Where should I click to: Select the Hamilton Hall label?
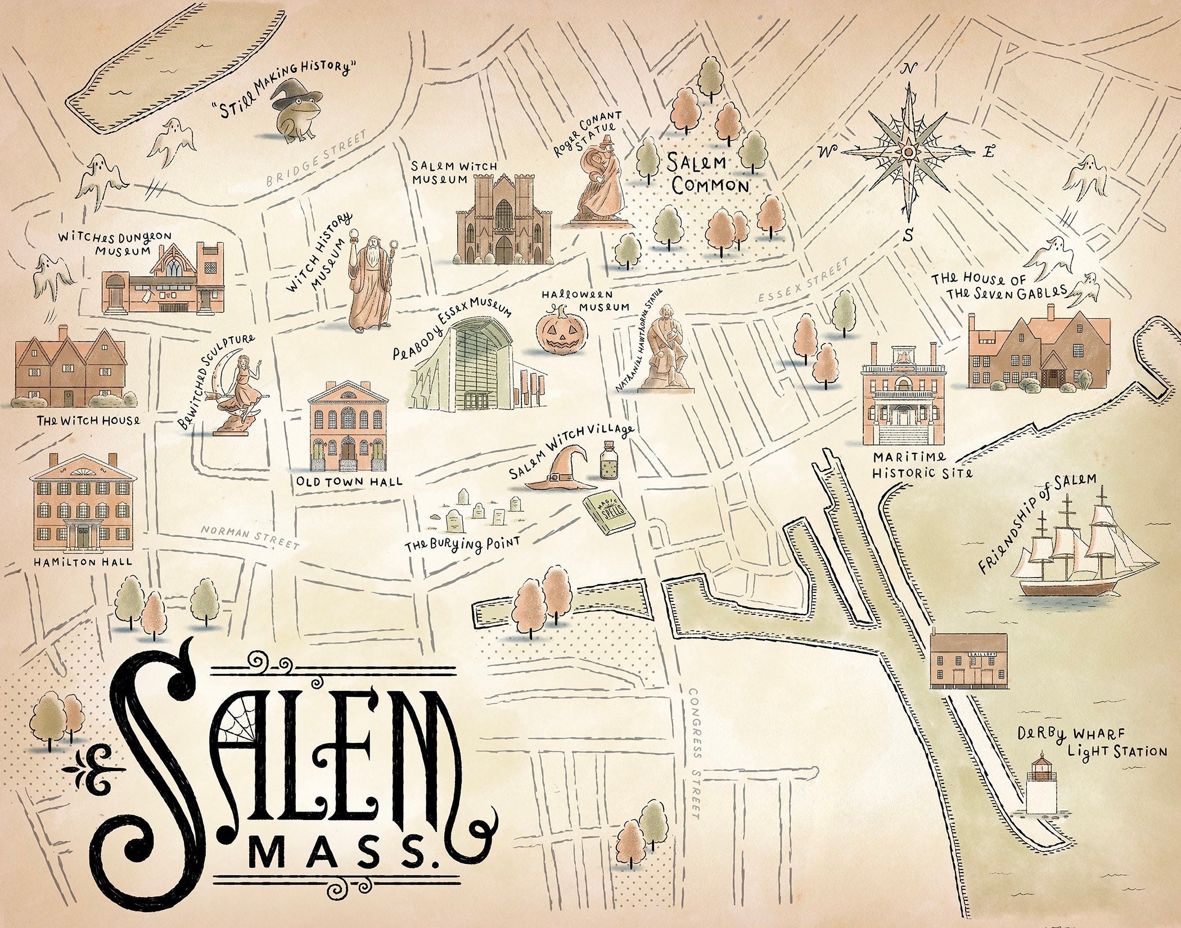(83, 561)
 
